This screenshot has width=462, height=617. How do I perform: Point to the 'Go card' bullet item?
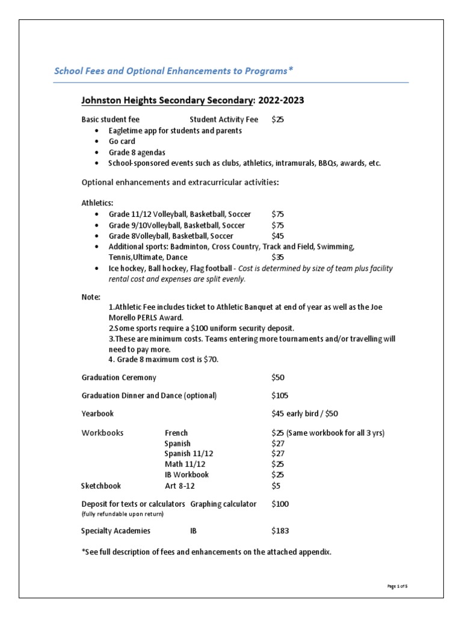tap(122, 141)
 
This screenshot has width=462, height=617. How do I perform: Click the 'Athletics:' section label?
tap(97, 203)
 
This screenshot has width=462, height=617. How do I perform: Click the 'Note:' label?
tap(91, 297)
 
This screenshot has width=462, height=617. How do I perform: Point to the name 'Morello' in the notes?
tap(124, 317)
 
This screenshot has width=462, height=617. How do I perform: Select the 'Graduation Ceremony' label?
tap(119, 377)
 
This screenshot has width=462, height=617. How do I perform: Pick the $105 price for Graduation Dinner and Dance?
tap(280, 395)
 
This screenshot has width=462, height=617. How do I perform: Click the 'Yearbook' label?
tap(97, 414)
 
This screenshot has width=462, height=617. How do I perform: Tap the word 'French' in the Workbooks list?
tap(176, 433)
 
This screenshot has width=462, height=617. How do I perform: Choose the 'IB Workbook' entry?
tap(186, 475)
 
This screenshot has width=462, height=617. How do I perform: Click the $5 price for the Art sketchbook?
tap(276, 485)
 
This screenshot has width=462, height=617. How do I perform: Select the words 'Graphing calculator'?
tap(223, 504)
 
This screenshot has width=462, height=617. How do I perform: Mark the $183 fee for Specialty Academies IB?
tap(280, 531)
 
